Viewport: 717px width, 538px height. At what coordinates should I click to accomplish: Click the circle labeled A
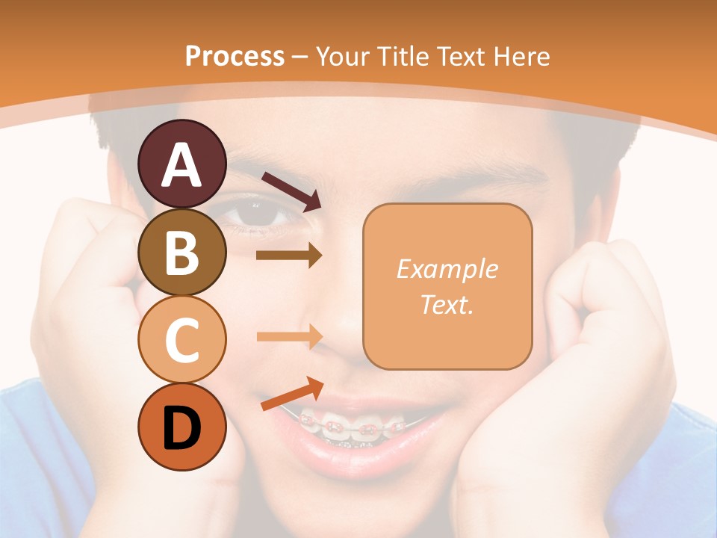pyautogui.click(x=182, y=164)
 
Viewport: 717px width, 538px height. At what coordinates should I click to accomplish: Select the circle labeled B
pyautogui.click(x=182, y=252)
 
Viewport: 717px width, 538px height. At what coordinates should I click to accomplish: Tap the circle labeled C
pyautogui.click(x=182, y=339)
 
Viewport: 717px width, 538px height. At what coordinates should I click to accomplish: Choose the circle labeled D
pyautogui.click(x=182, y=427)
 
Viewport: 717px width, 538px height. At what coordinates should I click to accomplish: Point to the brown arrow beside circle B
pyautogui.click(x=289, y=256)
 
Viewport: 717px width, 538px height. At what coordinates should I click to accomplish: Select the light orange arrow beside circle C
pyautogui.click(x=289, y=336)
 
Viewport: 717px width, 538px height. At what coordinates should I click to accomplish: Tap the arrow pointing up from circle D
pyautogui.click(x=292, y=395)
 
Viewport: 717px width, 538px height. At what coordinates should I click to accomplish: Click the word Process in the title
pyautogui.click(x=235, y=56)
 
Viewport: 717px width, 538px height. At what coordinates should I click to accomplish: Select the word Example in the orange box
pyautogui.click(x=447, y=269)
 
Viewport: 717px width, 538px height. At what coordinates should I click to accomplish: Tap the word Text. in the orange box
pyautogui.click(x=447, y=305)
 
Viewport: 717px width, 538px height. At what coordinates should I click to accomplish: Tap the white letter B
pyautogui.click(x=182, y=252)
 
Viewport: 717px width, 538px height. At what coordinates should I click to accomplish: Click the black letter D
pyautogui.click(x=182, y=427)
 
